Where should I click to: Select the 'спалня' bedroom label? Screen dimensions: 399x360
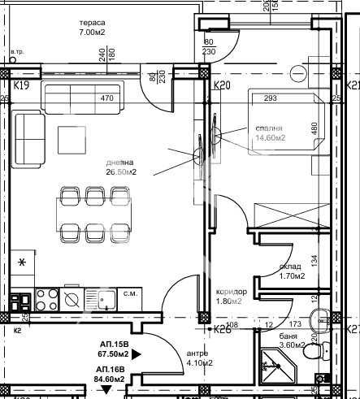tap(268, 128)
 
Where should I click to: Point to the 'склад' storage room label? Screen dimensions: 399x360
tap(291, 266)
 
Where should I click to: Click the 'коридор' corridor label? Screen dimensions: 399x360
tap(232, 292)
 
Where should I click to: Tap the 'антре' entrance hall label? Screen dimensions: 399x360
tap(197, 353)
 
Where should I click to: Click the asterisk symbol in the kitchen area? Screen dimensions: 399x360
tap(23, 262)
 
